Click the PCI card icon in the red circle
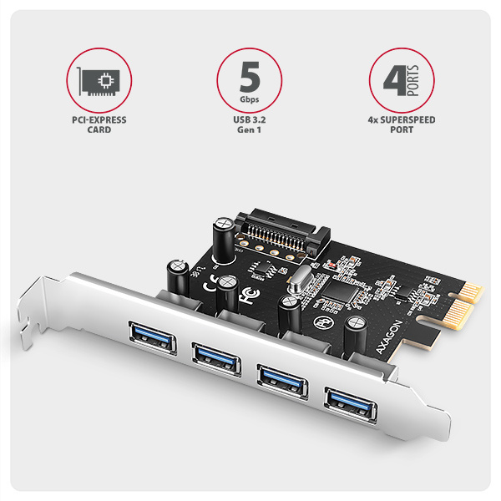(x=99, y=81)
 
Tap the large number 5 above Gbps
(x=250, y=76)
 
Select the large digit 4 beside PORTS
(x=395, y=80)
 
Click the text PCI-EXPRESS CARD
(x=99, y=124)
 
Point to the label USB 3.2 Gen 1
(x=249, y=124)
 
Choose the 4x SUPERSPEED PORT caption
(x=402, y=124)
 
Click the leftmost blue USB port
(x=153, y=337)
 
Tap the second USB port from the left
(x=216, y=358)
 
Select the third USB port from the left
(x=283, y=381)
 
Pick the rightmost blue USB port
(x=351, y=404)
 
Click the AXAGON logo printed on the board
(x=388, y=337)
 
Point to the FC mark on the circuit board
(x=250, y=296)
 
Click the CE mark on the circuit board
(x=211, y=283)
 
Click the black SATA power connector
(x=282, y=234)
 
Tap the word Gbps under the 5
(x=249, y=99)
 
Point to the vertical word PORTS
(x=413, y=80)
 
